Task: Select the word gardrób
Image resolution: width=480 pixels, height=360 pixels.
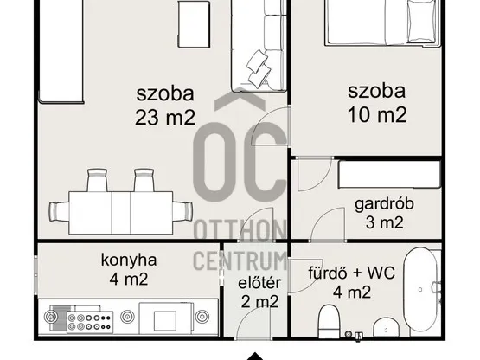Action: click(385, 205)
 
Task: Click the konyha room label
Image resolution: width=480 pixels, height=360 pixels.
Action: click(128, 259)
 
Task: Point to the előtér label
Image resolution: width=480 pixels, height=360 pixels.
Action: click(259, 281)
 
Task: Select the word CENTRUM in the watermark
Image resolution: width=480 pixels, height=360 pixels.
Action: click(240, 259)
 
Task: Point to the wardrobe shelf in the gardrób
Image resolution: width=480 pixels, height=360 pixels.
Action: click(389, 174)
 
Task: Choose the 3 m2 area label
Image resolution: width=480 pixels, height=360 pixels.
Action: click(385, 225)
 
